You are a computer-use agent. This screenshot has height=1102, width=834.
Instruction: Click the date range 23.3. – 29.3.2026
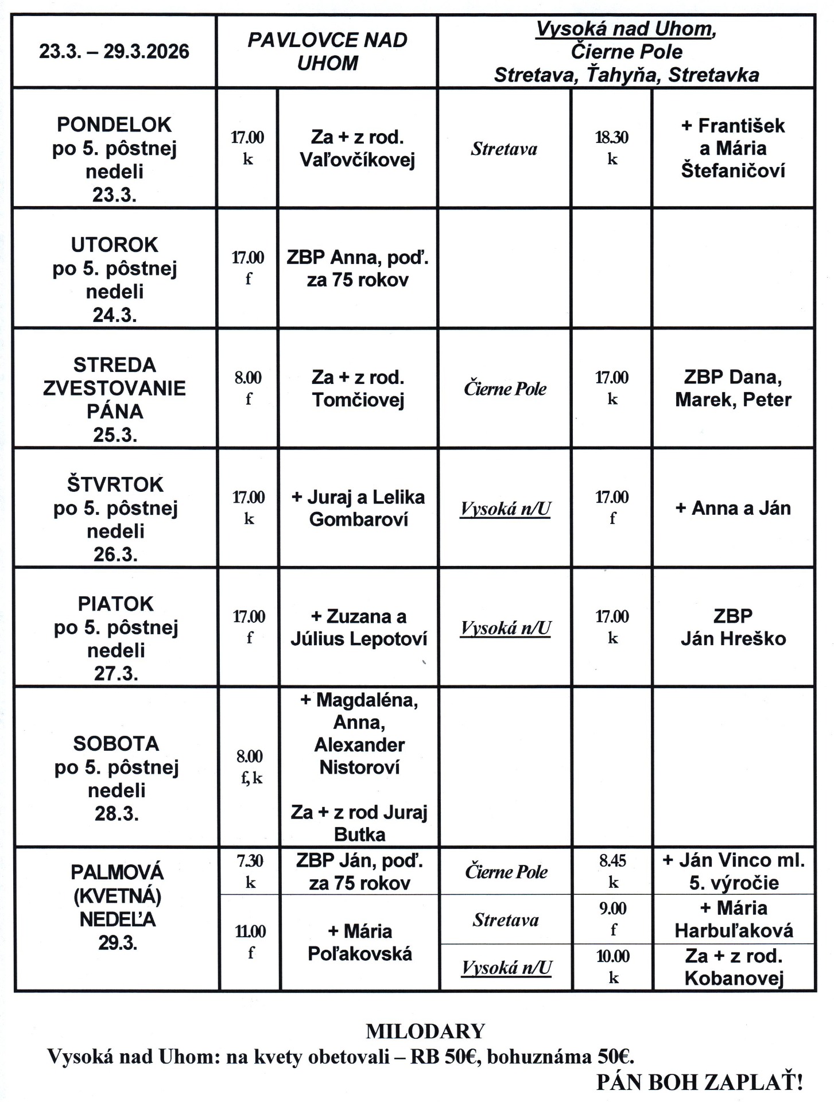(x=114, y=52)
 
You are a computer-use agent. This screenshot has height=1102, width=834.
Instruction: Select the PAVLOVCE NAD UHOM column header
(x=327, y=52)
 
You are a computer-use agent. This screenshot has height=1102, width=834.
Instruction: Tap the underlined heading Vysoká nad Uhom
(x=626, y=29)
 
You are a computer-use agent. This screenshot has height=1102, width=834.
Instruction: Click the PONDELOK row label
(x=114, y=125)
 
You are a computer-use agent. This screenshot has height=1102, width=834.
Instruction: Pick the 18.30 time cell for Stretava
(x=612, y=148)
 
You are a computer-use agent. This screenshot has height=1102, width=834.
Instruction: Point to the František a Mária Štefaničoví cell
(x=733, y=148)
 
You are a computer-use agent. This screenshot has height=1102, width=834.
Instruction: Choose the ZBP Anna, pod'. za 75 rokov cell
(x=358, y=269)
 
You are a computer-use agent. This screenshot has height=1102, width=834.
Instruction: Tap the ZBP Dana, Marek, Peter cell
(x=733, y=388)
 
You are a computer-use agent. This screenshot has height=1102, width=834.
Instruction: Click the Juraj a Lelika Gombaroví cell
(x=358, y=508)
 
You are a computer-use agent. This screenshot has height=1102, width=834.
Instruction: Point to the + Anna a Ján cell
(x=733, y=508)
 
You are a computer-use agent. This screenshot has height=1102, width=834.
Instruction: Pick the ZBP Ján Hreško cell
(x=733, y=627)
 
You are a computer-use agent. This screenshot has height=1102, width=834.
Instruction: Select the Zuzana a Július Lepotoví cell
(x=359, y=627)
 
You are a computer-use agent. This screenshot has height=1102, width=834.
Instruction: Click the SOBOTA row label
(x=116, y=744)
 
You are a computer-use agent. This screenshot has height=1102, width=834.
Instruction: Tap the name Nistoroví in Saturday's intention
(x=359, y=767)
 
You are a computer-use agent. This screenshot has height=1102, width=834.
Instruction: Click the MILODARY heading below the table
(x=425, y=1031)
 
